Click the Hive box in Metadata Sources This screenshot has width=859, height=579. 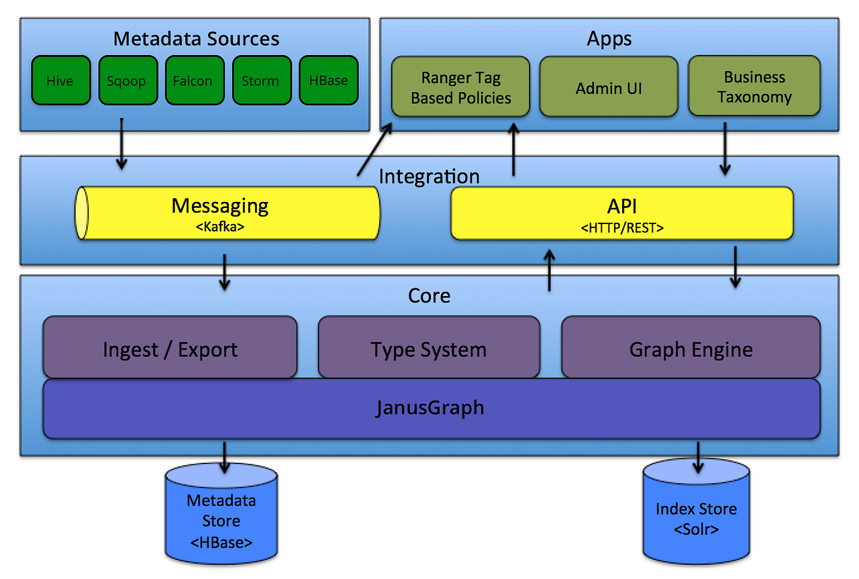click(x=60, y=81)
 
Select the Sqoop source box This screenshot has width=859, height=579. click(x=128, y=81)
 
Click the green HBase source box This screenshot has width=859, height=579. click(x=328, y=81)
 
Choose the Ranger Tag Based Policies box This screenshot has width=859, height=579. click(x=460, y=87)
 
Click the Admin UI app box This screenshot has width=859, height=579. click(x=609, y=87)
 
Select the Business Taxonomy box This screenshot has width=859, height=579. click(x=754, y=87)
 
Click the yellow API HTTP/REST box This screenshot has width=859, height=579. click(x=621, y=213)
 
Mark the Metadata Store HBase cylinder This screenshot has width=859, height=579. click(x=221, y=517)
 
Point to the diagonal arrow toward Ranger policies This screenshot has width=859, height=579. click(x=375, y=151)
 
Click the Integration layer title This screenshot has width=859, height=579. click(x=429, y=176)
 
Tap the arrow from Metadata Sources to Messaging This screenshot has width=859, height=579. click(x=121, y=144)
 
